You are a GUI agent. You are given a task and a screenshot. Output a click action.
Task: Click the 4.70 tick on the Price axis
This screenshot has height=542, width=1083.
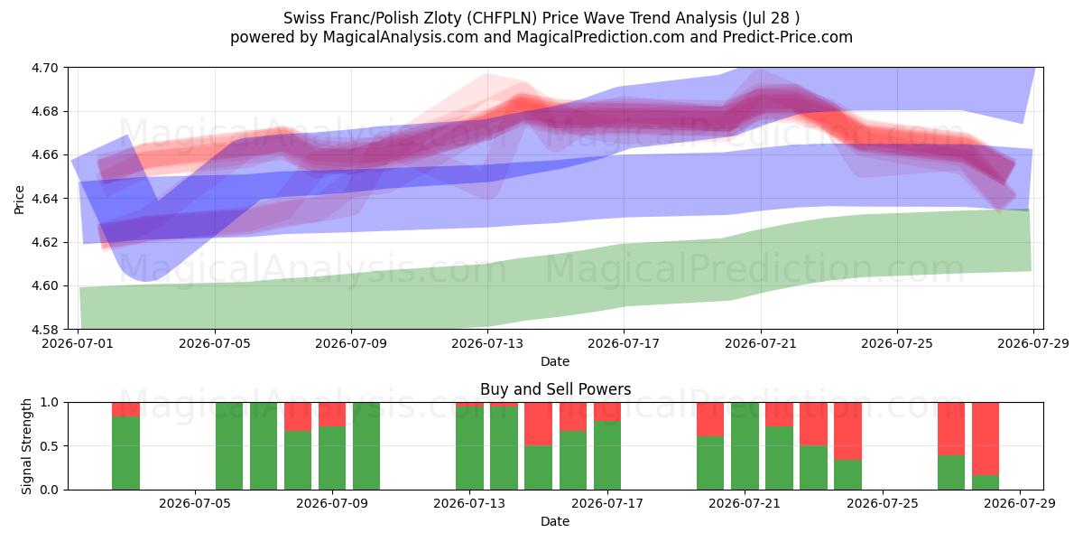[x=44, y=68]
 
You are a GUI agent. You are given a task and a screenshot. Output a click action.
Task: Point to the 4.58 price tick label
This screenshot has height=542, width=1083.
[x=44, y=330]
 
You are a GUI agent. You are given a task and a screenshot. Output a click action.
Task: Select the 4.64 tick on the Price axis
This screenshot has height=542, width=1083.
[x=44, y=199]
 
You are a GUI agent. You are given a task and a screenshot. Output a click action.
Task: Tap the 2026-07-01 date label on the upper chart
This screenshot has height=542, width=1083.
[x=78, y=343]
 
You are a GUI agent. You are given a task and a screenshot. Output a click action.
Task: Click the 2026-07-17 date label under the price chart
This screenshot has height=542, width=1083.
[x=624, y=343]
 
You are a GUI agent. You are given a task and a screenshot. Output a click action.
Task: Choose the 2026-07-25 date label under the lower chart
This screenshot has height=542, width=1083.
[x=883, y=504]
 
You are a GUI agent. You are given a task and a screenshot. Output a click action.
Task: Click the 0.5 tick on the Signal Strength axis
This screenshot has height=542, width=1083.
[x=49, y=446]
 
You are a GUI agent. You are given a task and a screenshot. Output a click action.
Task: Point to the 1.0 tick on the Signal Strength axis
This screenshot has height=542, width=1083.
[x=49, y=403]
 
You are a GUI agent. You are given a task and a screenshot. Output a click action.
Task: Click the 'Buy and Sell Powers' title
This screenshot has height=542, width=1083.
[x=556, y=389]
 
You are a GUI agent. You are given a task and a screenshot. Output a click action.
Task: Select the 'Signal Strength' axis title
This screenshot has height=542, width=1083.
[x=26, y=446]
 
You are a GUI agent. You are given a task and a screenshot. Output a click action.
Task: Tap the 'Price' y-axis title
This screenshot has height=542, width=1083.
[x=19, y=200]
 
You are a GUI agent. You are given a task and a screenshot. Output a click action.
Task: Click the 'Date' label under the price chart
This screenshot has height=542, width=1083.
[x=555, y=361]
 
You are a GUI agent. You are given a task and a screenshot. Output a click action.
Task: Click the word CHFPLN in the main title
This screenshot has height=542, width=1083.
[x=504, y=18]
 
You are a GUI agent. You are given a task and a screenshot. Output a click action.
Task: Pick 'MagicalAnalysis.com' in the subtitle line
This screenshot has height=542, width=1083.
[x=401, y=37]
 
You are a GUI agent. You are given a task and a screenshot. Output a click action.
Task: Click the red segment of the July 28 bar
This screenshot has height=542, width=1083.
[x=986, y=439]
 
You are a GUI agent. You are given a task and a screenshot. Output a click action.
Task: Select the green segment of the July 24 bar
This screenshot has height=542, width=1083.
[x=848, y=475]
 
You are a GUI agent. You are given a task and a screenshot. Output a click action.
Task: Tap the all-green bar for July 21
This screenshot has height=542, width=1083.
[x=745, y=446]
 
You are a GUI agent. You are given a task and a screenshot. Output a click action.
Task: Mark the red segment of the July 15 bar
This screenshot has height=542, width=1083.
[x=539, y=424]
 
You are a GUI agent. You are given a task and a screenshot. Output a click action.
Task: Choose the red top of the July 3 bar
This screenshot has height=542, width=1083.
[x=125, y=409]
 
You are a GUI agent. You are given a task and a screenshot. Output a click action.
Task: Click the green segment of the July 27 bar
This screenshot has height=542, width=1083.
[x=951, y=472]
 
